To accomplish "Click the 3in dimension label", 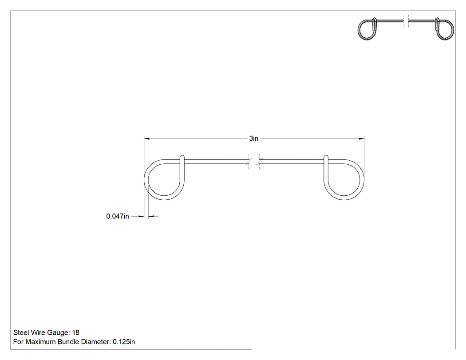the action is (x=253, y=138).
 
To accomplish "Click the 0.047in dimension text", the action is (x=118, y=217).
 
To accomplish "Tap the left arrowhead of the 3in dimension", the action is (x=146, y=138).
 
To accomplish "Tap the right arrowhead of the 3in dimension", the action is (x=362, y=138).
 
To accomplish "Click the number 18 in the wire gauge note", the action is (x=76, y=332).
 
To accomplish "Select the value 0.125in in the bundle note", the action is (x=124, y=342).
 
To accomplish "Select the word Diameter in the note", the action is (x=96, y=342).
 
